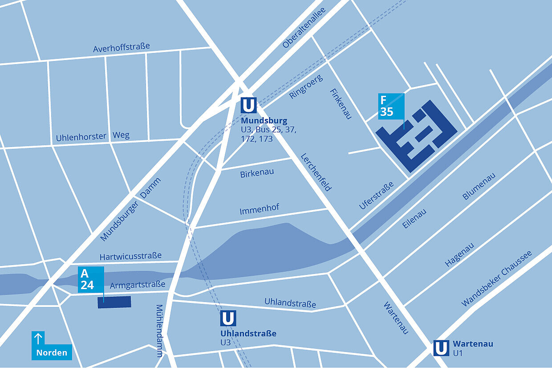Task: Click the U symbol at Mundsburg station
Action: (248, 106)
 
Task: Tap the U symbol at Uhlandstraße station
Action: (228, 319)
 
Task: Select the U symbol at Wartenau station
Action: (441, 348)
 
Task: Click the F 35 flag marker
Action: (391, 107)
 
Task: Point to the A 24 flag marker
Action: (91, 279)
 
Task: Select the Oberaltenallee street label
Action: (304, 28)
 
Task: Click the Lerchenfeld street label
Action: (316, 172)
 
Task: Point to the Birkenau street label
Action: (257, 173)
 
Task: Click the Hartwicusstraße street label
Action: (130, 257)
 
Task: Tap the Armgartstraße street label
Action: (138, 284)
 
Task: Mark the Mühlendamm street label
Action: (159, 331)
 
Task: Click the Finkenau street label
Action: (341, 103)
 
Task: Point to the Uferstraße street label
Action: (377, 195)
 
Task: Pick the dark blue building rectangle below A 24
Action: (114, 302)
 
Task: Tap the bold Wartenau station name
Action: (473, 344)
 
